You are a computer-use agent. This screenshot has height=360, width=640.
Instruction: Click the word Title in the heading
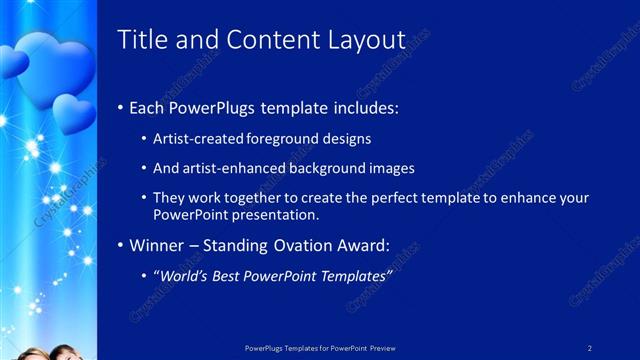click(141, 39)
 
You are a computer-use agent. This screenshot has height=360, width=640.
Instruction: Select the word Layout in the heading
click(365, 40)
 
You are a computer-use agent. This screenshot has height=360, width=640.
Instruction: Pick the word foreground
click(273, 139)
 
